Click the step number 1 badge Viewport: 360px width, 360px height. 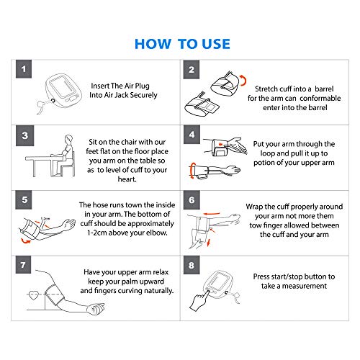click(24, 69)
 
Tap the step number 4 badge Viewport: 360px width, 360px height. click(192, 135)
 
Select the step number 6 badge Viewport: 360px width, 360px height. click(192, 200)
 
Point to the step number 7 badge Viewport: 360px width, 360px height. click(23, 265)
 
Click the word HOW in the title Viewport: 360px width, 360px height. click(153, 44)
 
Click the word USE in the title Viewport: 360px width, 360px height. click(216, 44)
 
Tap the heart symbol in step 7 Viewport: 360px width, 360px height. click(33, 295)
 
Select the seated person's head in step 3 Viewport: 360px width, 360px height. click(68, 139)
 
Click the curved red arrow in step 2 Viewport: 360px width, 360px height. click(243, 80)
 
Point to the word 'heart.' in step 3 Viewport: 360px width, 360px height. click(127, 179)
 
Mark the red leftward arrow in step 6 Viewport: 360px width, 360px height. click(212, 214)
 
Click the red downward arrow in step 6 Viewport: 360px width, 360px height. click(208, 243)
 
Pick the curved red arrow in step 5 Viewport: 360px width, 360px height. click(25, 241)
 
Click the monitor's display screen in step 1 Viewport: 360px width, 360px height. click(60, 87)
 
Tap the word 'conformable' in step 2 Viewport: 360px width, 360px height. click(320, 98)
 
